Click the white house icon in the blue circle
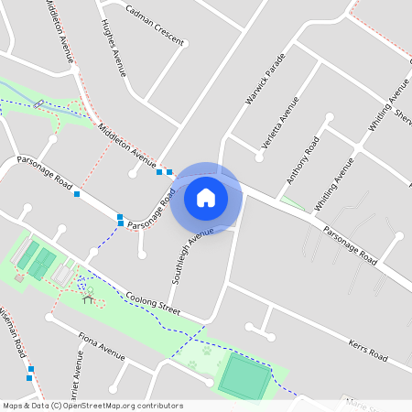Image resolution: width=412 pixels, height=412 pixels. click(206, 197)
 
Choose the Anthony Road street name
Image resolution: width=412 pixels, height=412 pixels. click(301, 159)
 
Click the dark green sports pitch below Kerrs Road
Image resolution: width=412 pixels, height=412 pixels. click(244, 376)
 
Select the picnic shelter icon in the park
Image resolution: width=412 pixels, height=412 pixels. click(88, 297)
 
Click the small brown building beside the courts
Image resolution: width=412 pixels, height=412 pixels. click(19, 276)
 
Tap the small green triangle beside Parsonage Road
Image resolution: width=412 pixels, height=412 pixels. click(290, 201)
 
